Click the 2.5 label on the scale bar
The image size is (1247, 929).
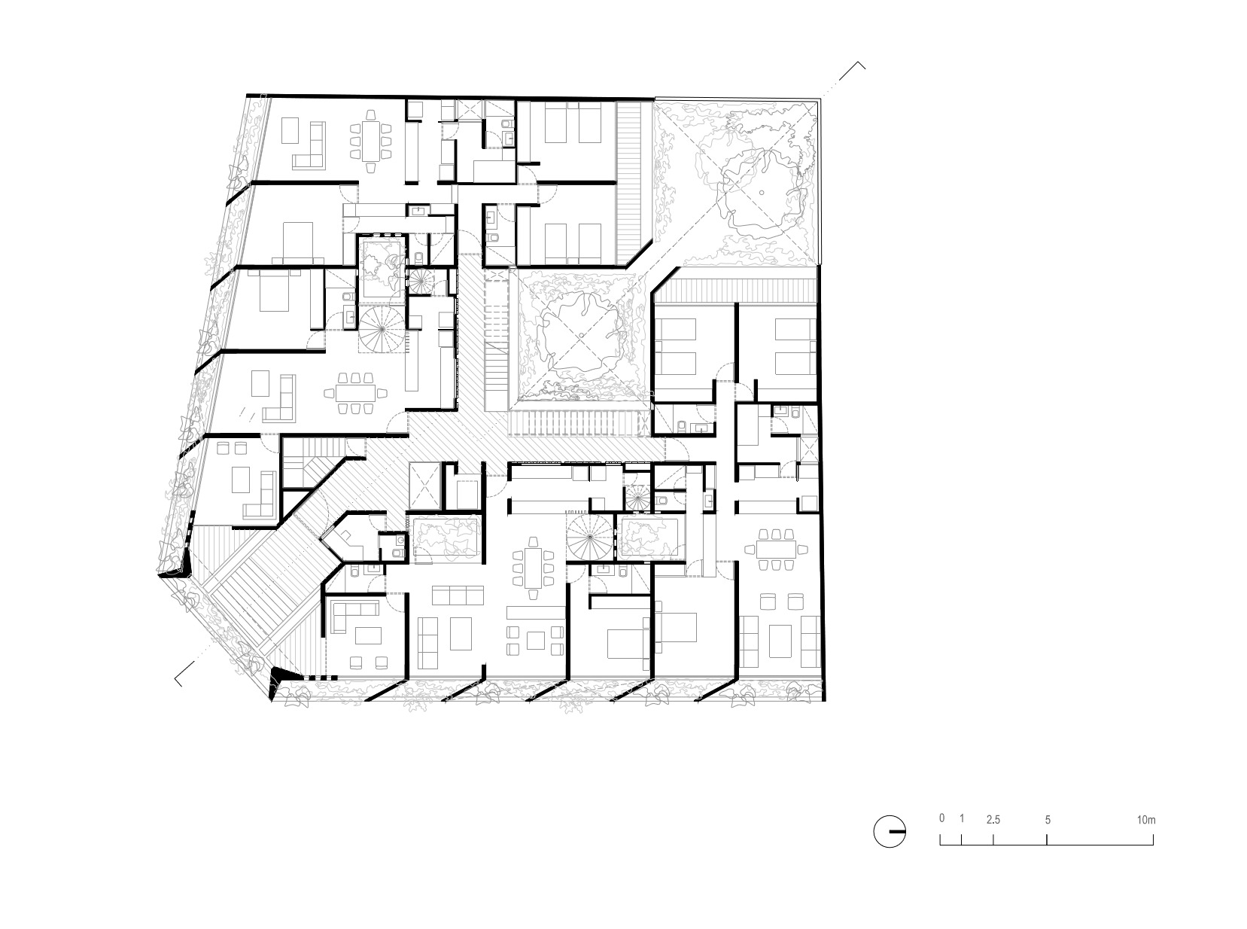tap(993, 820)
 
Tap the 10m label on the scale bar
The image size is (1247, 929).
tap(1146, 820)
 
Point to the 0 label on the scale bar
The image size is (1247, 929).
tap(941, 818)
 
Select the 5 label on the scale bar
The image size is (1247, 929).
tap(1048, 820)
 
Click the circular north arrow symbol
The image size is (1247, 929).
tap(890, 831)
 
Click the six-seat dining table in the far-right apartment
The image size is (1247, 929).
tap(776, 549)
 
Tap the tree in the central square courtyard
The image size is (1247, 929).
tap(579, 337)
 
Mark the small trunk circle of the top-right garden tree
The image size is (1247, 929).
tap(761, 193)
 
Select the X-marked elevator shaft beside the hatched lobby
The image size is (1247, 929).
tap(425, 486)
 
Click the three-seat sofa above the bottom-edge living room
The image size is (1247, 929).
tap(457, 595)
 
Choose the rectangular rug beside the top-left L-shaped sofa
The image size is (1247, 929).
tap(290, 130)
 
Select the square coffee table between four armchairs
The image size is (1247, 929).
tap(535, 641)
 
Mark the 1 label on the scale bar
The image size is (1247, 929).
tap(962, 818)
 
